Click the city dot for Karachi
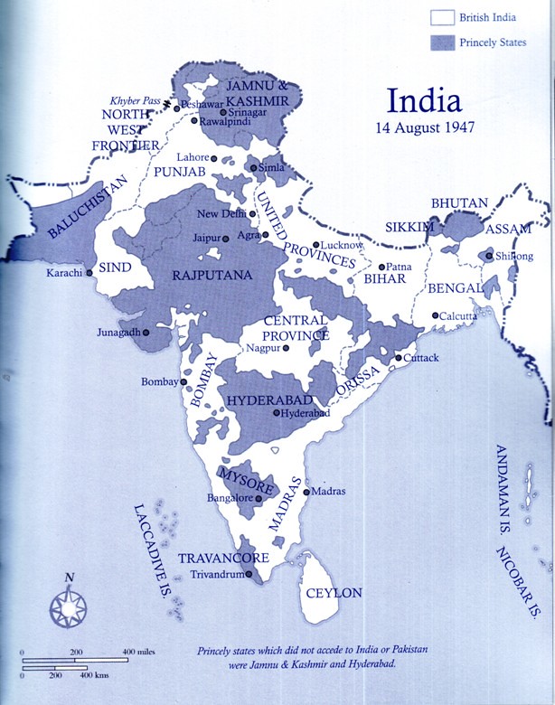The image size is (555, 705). point(89,272)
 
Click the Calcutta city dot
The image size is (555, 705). point(436,315)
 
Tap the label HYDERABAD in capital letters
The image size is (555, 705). point(266,399)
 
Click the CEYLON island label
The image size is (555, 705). point(334,593)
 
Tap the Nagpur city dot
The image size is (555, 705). point(286,348)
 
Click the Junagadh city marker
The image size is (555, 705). point(145,332)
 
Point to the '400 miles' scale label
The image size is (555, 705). point(142,652)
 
